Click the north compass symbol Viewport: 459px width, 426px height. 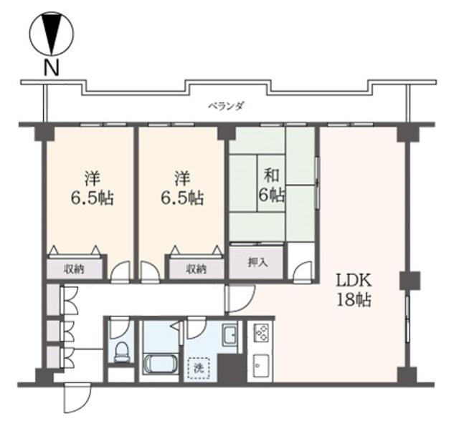(x=52, y=34)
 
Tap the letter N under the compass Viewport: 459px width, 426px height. (x=52, y=67)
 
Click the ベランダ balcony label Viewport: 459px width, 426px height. (x=226, y=106)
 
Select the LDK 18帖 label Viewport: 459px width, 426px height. (x=354, y=290)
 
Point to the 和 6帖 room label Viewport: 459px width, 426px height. (x=271, y=185)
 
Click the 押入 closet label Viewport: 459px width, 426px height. (x=257, y=262)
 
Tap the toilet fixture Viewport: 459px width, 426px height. (x=121, y=352)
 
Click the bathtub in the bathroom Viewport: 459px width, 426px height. (x=161, y=364)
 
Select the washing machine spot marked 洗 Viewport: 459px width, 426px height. (x=199, y=369)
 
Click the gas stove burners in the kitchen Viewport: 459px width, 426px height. (x=260, y=332)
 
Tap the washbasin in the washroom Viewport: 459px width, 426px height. (x=229, y=335)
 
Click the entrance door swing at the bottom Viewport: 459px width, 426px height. (x=77, y=397)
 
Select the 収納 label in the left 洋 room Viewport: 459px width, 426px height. (x=74, y=268)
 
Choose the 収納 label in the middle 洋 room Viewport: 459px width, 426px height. (x=196, y=268)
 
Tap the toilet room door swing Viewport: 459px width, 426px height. (x=119, y=329)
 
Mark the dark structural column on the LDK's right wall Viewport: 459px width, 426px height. (x=410, y=281)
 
